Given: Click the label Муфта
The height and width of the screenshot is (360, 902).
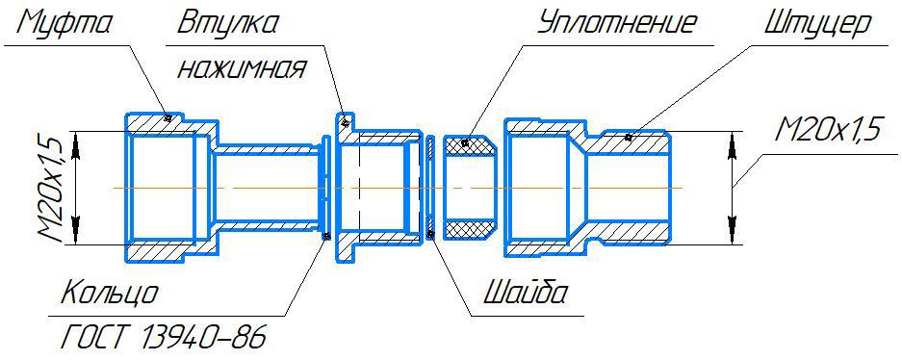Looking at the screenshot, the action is (x=65, y=25).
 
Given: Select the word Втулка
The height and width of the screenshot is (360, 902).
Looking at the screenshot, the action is (x=228, y=23).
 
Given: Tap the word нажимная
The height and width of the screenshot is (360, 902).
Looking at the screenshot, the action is (x=241, y=70).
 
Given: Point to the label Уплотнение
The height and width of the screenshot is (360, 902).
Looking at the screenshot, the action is (x=616, y=25).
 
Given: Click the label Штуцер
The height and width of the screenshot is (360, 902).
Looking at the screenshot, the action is (x=817, y=25).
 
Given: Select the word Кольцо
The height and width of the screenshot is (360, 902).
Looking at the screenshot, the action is (x=109, y=294).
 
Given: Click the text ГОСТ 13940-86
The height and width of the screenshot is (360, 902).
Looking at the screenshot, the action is (x=163, y=338).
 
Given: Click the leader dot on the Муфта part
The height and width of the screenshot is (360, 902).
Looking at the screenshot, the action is (x=168, y=117).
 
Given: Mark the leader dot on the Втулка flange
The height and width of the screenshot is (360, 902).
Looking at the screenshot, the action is (x=346, y=122).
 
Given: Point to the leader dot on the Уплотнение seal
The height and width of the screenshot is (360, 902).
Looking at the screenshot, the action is (x=467, y=142).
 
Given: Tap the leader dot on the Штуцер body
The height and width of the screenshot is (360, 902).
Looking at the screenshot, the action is (x=629, y=137).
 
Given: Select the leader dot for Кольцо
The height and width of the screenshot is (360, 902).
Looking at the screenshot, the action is (x=326, y=236).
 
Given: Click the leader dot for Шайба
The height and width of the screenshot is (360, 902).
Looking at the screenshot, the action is (x=430, y=234).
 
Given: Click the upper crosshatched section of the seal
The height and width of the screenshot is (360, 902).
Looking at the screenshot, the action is (x=470, y=145).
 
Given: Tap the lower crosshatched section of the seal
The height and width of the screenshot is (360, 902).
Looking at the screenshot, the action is (x=470, y=229).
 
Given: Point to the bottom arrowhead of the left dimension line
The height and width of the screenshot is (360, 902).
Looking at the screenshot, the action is (x=76, y=230).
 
